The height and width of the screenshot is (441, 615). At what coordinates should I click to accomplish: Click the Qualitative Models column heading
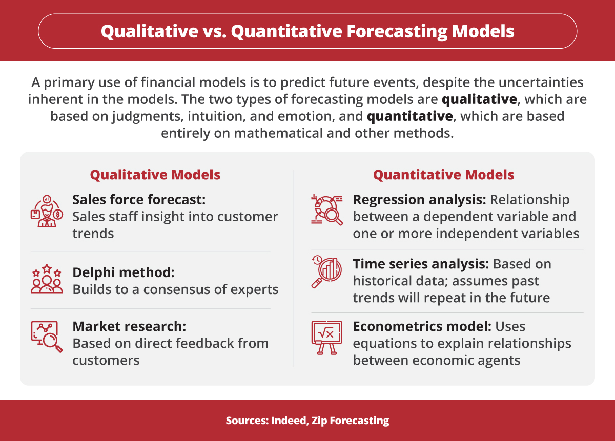point(155,175)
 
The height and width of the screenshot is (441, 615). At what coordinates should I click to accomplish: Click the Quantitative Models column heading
point(443,175)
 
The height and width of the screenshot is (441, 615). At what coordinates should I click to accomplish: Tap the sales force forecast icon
point(47,210)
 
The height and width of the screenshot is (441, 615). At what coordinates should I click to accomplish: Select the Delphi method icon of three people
point(47,279)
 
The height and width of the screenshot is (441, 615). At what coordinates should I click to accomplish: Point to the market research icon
point(47,336)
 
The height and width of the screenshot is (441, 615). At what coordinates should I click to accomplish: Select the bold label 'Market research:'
point(128,326)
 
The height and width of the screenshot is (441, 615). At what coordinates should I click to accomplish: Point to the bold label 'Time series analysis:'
point(420,264)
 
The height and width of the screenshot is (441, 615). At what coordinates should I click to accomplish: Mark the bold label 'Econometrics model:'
point(422,326)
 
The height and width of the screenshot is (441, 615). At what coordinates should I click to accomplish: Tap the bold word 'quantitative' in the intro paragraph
point(411,116)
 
